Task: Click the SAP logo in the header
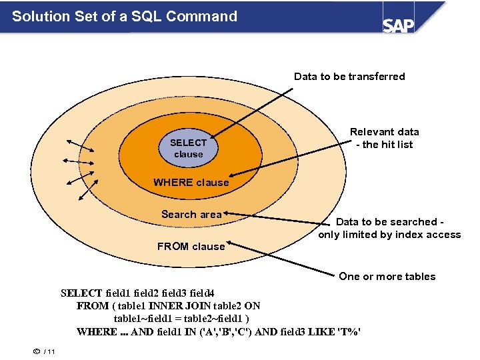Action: click(398, 24)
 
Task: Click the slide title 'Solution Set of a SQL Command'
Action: click(125, 16)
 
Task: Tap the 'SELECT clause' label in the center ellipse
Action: click(188, 148)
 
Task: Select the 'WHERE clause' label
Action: click(191, 183)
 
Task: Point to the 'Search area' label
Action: click(191, 214)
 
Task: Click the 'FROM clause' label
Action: click(191, 247)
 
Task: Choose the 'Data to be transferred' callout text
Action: click(349, 77)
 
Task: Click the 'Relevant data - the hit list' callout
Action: click(385, 138)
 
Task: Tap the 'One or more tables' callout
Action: click(387, 277)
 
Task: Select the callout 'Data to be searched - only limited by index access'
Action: click(389, 228)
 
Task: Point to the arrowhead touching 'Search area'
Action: click(227, 214)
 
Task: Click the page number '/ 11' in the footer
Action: click(49, 352)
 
